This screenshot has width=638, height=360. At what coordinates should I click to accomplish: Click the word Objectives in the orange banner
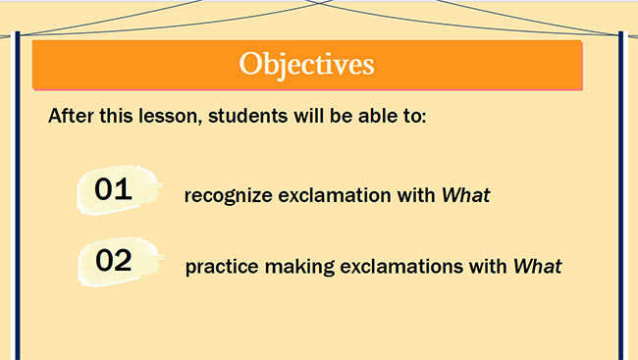coord(306,65)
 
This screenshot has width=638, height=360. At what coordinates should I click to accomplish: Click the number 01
coord(113,189)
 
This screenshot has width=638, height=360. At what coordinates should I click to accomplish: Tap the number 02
coord(113,261)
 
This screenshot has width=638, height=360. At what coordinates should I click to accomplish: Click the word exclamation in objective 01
coord(333,195)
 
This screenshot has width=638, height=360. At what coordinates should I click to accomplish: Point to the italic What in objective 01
coord(465,195)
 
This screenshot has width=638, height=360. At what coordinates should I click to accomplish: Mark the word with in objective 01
coord(416,195)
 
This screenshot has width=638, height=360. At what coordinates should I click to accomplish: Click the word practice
coord(221,267)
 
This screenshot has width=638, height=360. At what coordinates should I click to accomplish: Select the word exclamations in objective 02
coord(393,267)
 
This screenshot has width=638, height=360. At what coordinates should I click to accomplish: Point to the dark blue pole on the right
coord(620,196)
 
